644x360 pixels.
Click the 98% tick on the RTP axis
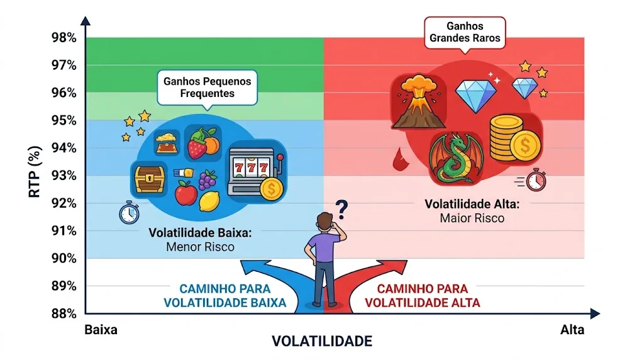(x=64, y=38)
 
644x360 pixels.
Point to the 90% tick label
(x=64, y=258)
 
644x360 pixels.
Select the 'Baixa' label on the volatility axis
(x=101, y=330)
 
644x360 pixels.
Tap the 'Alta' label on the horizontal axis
(x=572, y=330)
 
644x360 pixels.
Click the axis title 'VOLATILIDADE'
(x=321, y=341)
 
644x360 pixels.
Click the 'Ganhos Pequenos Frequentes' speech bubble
(x=207, y=87)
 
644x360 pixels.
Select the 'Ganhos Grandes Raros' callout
(x=465, y=32)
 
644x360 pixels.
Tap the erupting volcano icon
(x=414, y=101)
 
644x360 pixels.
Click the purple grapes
(x=208, y=180)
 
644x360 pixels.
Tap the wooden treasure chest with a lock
(x=150, y=177)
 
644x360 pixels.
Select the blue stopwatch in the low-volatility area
(x=129, y=213)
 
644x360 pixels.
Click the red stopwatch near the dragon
(x=536, y=180)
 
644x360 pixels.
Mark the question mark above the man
(x=341, y=208)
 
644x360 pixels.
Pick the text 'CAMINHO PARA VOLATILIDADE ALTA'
(x=422, y=296)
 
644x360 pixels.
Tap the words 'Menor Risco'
(x=200, y=247)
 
